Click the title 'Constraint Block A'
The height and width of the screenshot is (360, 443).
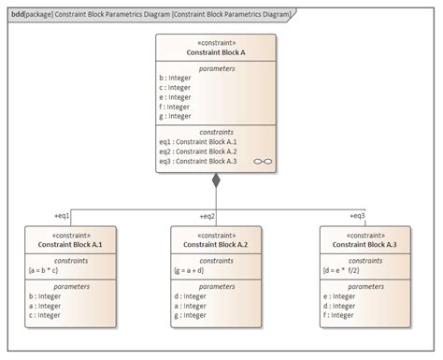pyautogui.click(x=216, y=51)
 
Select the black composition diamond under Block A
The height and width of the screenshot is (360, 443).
pyautogui.click(x=216, y=180)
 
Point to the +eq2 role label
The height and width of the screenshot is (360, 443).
pyautogui.click(x=207, y=216)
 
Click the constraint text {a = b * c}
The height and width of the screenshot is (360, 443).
pyautogui.click(x=50, y=268)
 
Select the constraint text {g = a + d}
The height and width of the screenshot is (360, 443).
pyautogui.click(x=195, y=268)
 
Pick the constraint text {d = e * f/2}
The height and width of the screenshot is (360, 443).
pyautogui.click(x=345, y=268)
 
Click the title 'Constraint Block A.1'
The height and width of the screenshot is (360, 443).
pyautogui.click(x=70, y=244)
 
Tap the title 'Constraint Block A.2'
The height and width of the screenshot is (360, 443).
pyautogui.click(x=216, y=244)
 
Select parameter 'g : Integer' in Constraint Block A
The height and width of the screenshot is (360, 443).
pyautogui.click(x=176, y=117)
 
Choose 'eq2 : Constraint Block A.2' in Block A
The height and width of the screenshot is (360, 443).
pyautogui.click(x=198, y=151)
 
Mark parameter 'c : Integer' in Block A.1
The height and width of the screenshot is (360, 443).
pyautogui.click(x=45, y=315)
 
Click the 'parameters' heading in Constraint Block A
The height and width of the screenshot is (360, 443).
pyautogui.click(x=216, y=68)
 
